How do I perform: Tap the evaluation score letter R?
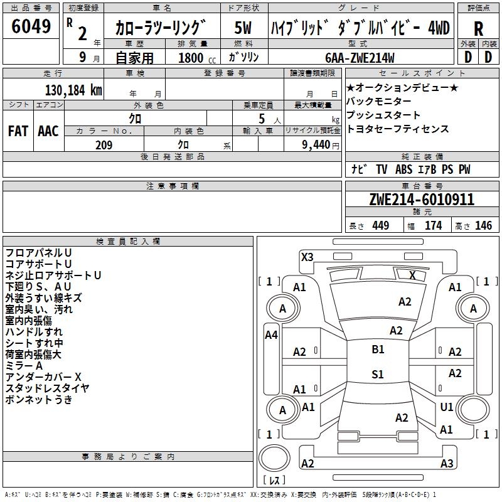pyautogui.click(x=478, y=28)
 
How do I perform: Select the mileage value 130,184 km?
pyautogui.click(x=73, y=90)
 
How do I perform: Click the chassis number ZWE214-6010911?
pyautogui.click(x=422, y=200)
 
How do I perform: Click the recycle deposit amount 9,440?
pyautogui.click(x=315, y=145)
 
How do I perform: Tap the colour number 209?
pyautogui.click(x=104, y=145)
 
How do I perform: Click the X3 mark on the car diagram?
pyautogui.click(x=307, y=257)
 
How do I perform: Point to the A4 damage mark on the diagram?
pyautogui.click(x=271, y=335)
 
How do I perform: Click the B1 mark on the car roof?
pyautogui.click(x=378, y=350)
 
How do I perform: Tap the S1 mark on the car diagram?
pyautogui.click(x=378, y=375)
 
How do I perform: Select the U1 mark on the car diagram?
pyautogui.click(x=446, y=407)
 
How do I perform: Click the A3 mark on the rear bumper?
pyautogui.click(x=446, y=464)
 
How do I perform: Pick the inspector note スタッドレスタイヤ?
pyautogui.click(x=47, y=388)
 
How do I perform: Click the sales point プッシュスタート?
pyautogui.click(x=383, y=115)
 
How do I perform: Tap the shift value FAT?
pyautogui.click(x=18, y=131)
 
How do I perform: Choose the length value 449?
pyautogui.click(x=380, y=226)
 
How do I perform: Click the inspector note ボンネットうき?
pyautogui.click(x=39, y=400)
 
